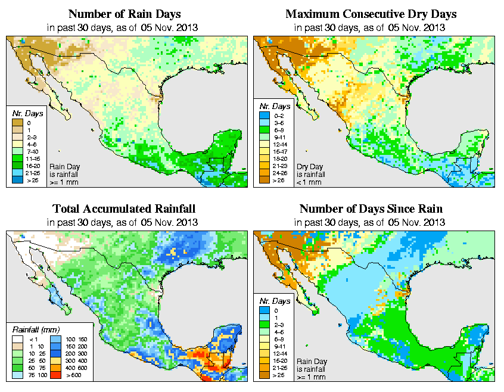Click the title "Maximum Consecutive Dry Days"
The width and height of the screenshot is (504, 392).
tap(371, 14)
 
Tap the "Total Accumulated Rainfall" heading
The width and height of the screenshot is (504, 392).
tap(123, 209)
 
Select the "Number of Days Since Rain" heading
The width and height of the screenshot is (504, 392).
tap(371, 209)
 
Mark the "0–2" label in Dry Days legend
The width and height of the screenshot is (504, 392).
tap(279, 123)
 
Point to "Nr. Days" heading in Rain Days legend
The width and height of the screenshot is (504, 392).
tap(26, 113)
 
